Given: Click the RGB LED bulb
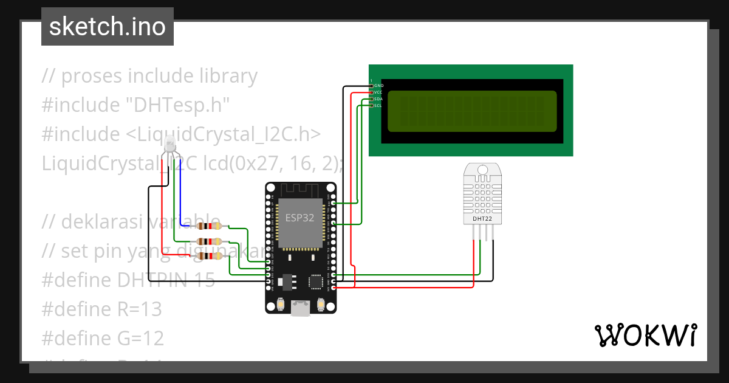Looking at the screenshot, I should (171, 143).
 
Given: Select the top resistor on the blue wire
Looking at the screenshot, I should (209, 226).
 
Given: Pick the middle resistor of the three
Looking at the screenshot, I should (209, 241).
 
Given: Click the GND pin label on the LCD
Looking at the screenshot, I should (378, 86).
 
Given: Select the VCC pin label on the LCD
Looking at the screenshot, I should (378, 92).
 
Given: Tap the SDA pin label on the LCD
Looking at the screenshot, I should (378, 99).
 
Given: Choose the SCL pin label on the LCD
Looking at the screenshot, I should (378, 106).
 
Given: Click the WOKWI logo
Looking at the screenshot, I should (645, 336).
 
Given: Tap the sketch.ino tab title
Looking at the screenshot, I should (108, 27).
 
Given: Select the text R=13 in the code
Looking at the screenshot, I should (139, 309).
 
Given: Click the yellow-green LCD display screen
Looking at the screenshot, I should (471, 112).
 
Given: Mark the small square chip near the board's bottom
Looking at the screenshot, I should (317, 281).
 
